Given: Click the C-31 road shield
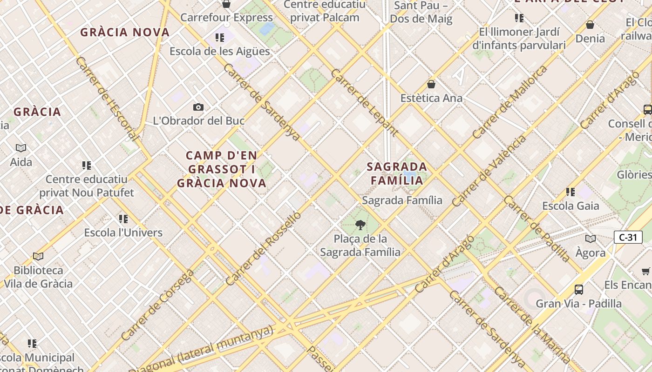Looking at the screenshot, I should [x=628, y=237].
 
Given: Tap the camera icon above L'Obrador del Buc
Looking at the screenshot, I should [x=198, y=107].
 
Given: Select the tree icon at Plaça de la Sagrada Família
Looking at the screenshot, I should [x=360, y=226].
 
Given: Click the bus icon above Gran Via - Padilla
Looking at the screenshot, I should [x=579, y=289].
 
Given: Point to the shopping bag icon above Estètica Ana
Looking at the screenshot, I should [x=431, y=84].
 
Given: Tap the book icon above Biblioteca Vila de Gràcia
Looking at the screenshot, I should [x=38, y=256].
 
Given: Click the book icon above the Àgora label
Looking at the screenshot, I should [x=590, y=239].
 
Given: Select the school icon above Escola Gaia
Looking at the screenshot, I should [x=570, y=192].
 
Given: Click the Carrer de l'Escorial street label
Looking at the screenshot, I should [x=107, y=99].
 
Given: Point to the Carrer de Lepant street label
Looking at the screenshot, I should [x=364, y=102].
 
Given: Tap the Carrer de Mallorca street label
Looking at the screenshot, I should [x=510, y=102].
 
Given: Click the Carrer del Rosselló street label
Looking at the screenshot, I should [x=263, y=249].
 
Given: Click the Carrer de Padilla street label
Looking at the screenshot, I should [x=537, y=229].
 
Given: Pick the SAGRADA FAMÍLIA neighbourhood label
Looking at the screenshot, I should [x=397, y=173].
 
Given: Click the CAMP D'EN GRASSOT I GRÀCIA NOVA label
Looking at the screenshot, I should [x=222, y=169].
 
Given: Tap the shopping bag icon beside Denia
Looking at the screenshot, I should [x=590, y=25].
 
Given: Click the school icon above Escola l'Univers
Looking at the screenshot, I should [x=123, y=219].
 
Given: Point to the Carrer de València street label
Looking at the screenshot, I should [x=489, y=170].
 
